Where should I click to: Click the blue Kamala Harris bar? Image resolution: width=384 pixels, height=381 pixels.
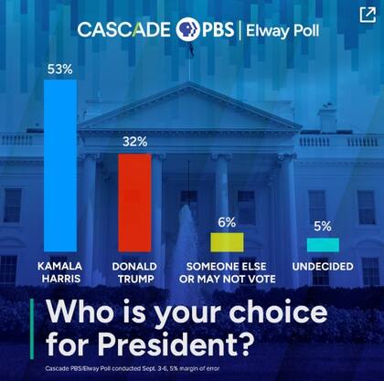pos(60,164)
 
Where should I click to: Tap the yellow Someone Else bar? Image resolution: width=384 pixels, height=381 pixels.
pos(227,242)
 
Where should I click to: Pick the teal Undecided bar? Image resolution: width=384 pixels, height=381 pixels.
pos(322,245)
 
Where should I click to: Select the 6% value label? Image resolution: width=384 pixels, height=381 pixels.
pos(227,222)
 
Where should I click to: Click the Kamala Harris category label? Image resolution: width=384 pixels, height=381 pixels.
pos(60,272)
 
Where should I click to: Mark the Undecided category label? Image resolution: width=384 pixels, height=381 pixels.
pos(322,266)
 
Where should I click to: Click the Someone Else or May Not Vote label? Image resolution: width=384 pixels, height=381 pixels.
pos(227,272)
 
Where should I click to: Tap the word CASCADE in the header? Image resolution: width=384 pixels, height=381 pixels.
pos(124,28)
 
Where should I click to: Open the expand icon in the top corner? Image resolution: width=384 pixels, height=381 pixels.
pos(367,14)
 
